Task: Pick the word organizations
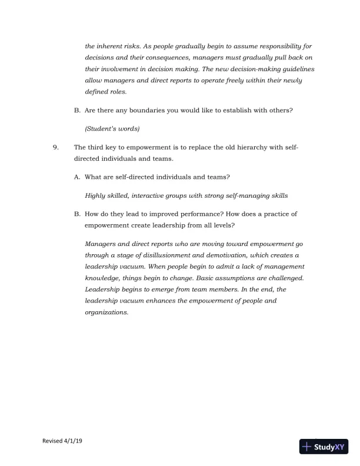106,312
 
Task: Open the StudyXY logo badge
325,447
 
